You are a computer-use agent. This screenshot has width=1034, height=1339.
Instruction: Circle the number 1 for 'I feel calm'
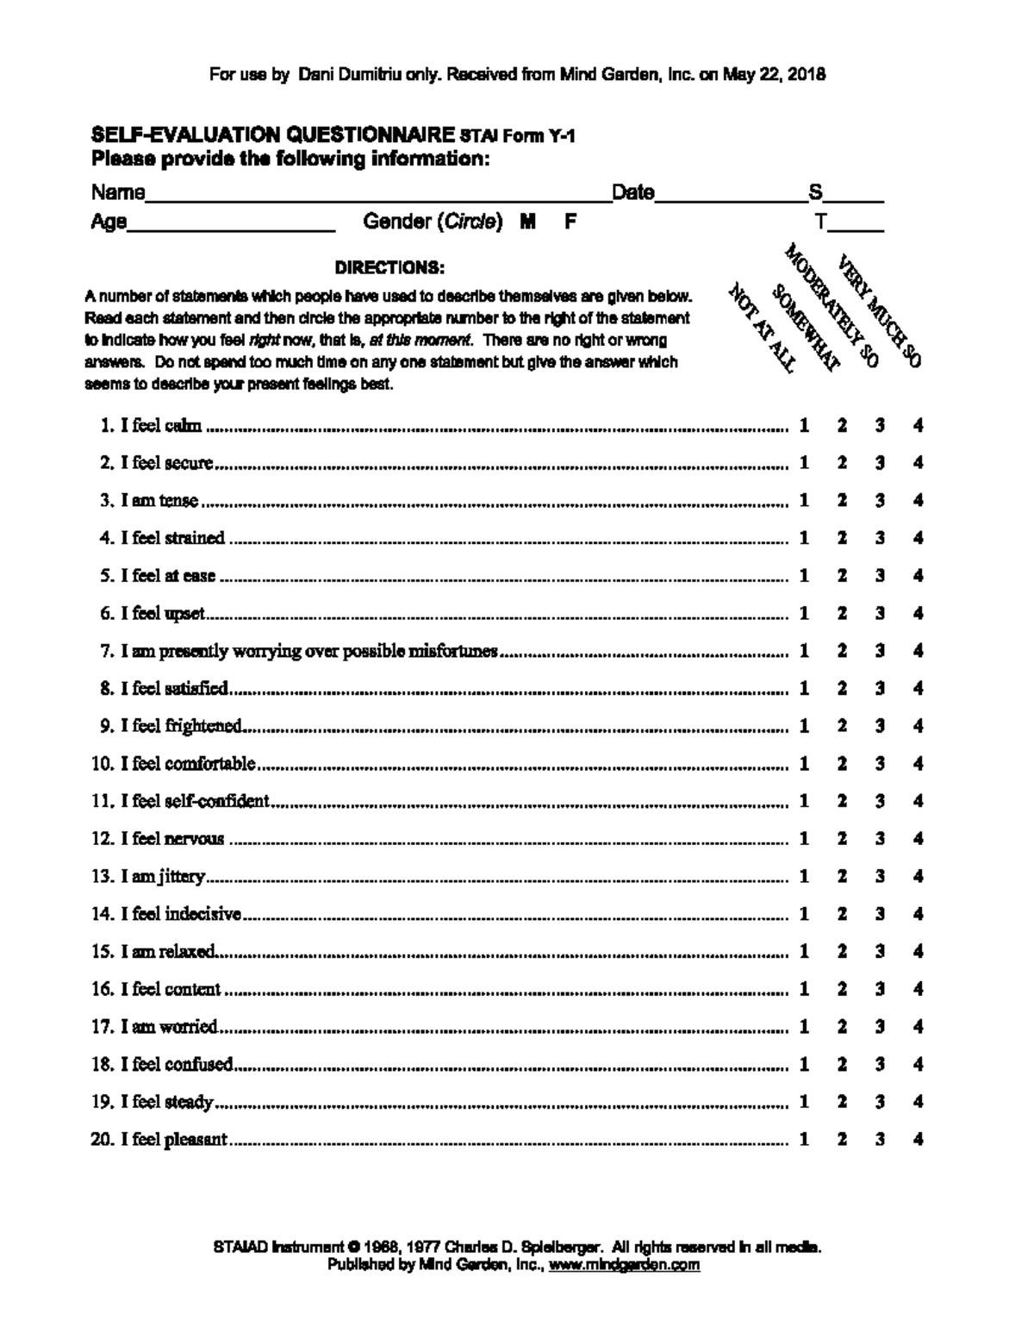click(804, 425)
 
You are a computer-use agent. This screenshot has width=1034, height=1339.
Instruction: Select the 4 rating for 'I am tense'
click(919, 500)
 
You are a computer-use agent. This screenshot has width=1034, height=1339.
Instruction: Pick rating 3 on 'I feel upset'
click(880, 613)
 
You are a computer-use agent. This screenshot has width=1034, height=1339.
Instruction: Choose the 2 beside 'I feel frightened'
click(842, 726)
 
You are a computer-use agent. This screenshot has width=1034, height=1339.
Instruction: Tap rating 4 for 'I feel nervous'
click(919, 838)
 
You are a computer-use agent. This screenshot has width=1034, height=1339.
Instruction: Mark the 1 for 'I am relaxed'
click(804, 951)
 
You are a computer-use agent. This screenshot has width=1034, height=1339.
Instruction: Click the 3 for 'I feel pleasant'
click(880, 1139)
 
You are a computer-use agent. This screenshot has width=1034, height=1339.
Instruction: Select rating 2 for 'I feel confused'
click(842, 1064)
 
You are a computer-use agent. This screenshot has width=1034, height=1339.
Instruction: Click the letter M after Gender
click(528, 222)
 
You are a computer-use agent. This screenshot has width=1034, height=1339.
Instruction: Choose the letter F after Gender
click(570, 222)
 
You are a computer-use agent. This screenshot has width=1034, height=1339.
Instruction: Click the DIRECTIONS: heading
click(389, 267)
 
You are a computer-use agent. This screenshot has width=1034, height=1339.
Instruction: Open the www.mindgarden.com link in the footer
click(624, 1266)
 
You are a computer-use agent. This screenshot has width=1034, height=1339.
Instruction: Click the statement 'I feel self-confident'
click(195, 801)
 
